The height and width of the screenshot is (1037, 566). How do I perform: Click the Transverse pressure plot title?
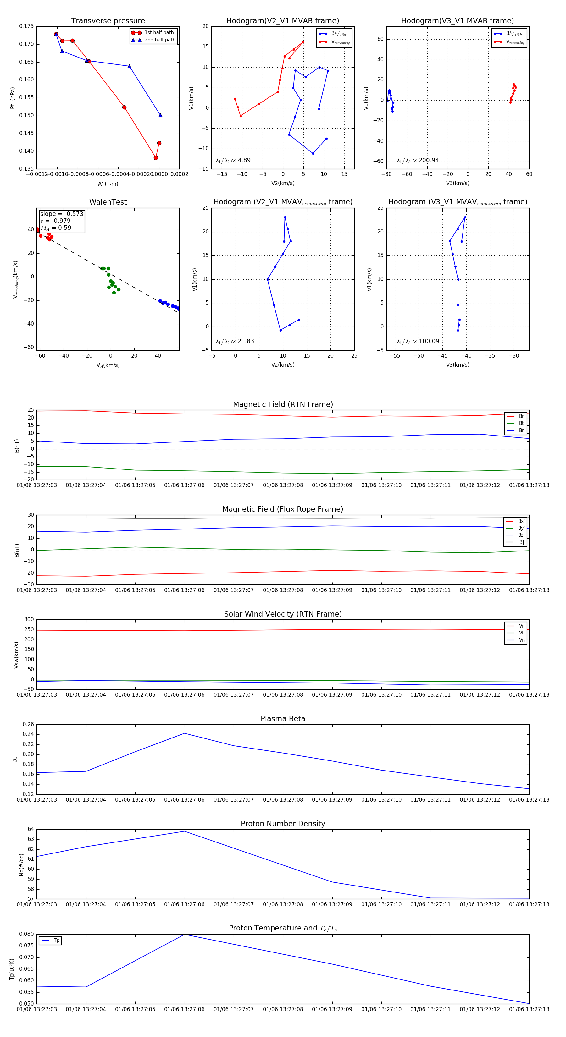(108, 21)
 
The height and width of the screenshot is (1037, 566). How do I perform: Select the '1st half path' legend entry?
(159, 33)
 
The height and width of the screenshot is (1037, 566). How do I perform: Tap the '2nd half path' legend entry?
(159, 40)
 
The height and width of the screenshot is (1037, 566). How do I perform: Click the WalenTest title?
(108, 202)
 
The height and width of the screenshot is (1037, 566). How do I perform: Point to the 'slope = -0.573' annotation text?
(62, 214)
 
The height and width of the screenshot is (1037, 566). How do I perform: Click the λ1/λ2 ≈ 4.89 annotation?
(233, 160)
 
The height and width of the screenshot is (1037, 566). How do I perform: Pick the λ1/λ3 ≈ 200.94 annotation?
(418, 160)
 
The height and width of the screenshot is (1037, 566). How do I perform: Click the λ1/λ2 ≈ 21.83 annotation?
(235, 341)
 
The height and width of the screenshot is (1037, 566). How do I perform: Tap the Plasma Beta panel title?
(283, 719)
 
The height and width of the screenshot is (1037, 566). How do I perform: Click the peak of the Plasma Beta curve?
(185, 733)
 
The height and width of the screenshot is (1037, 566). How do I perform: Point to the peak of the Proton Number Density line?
(185, 831)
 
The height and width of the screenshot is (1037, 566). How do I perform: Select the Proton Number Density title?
(283, 824)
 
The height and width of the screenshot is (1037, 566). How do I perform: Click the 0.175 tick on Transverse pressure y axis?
(27, 27)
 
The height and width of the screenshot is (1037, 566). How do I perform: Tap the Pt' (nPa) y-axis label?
(13, 98)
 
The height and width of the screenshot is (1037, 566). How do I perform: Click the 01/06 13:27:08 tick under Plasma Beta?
(283, 799)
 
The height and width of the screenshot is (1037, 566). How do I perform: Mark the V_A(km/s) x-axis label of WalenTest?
(108, 365)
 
